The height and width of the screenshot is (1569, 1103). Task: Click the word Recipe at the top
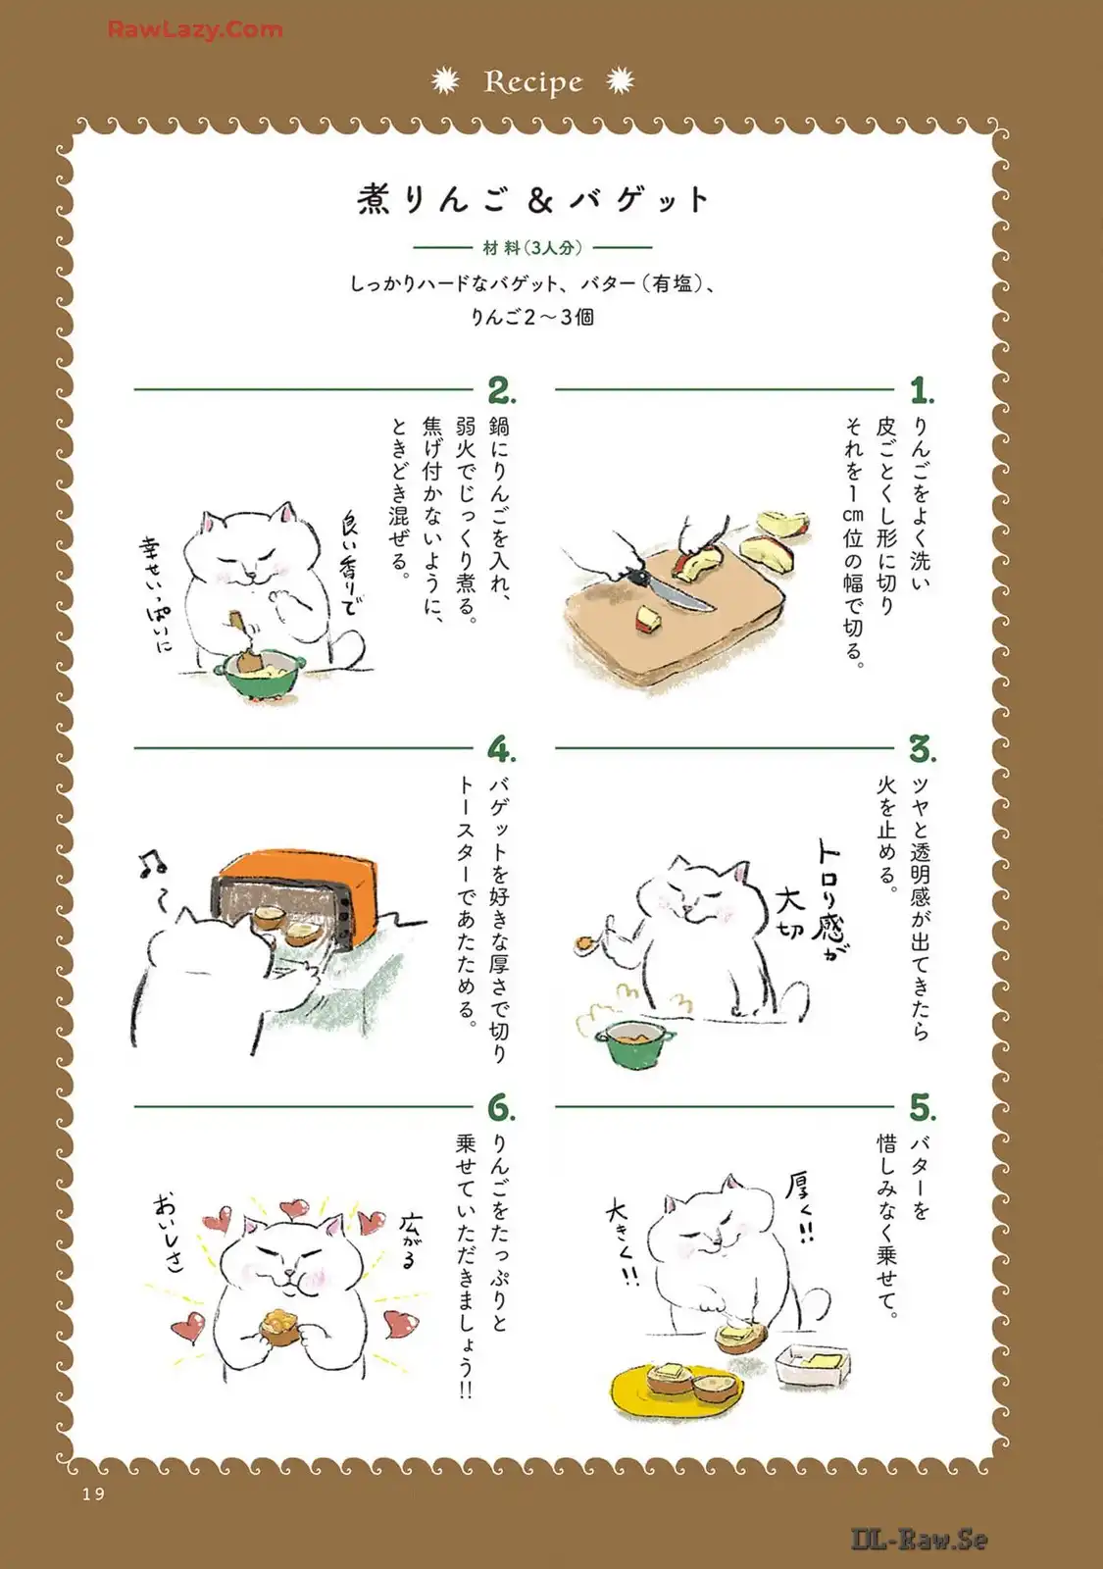[533, 82]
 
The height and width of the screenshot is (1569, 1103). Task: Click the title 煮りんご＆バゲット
[533, 200]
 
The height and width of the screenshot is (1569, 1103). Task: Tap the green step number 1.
[922, 389]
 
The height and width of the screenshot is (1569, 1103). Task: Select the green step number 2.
[501, 389]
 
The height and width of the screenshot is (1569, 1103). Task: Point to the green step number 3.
[923, 749]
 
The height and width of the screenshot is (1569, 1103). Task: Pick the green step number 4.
[501, 749]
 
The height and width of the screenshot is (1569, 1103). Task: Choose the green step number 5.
[923, 1107]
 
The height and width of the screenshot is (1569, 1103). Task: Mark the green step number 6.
[501, 1107]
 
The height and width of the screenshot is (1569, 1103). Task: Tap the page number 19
[93, 1494]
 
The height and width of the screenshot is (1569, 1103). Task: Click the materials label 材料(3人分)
[533, 247]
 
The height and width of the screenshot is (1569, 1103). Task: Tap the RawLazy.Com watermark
[195, 29]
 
